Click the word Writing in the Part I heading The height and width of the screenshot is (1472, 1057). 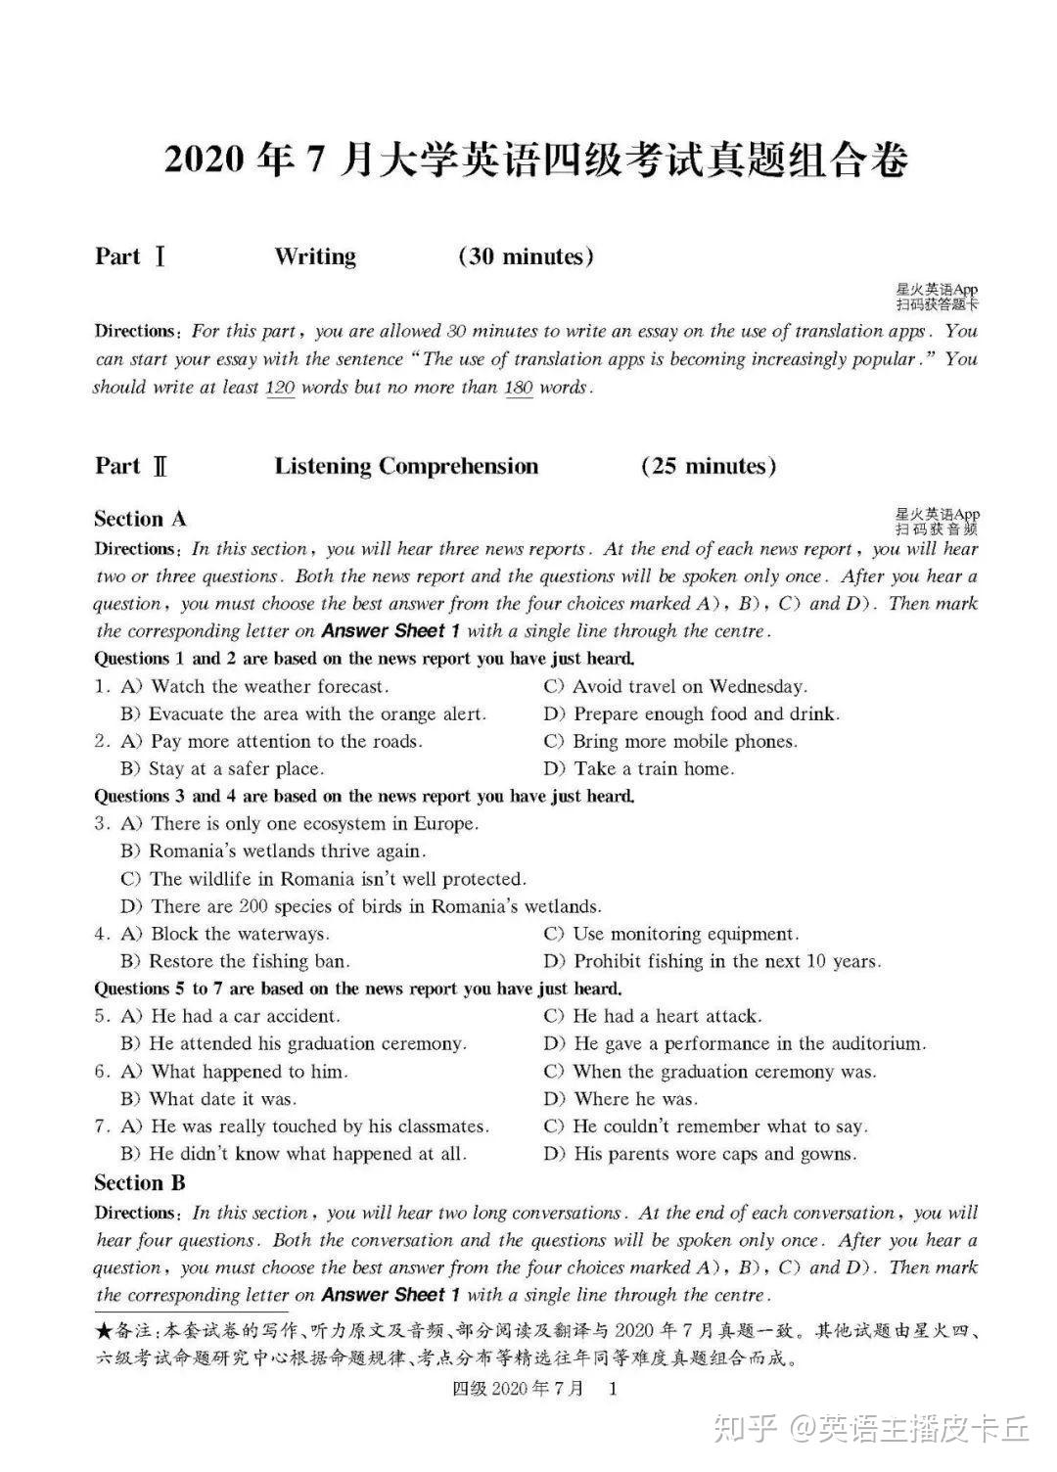pyautogui.click(x=315, y=256)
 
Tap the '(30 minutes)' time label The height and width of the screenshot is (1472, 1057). pyautogui.click(x=526, y=256)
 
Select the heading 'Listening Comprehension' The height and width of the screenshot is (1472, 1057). pyautogui.click(x=406, y=466)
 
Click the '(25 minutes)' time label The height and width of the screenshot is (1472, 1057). pyautogui.click(x=709, y=466)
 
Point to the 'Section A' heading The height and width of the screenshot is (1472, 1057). pyautogui.click(x=140, y=519)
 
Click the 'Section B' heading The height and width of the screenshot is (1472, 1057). pyautogui.click(x=140, y=1182)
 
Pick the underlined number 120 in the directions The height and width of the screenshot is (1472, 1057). pyautogui.click(x=280, y=387)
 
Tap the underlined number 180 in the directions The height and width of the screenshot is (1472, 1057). pyautogui.click(x=519, y=387)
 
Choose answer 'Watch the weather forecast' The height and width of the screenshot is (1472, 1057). pyautogui.click(x=269, y=686)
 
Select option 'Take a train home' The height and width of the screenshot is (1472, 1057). pyautogui.click(x=653, y=768)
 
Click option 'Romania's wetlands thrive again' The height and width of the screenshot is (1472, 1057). pyautogui.click(x=287, y=851)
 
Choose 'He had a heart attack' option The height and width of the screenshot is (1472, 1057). pyautogui.click(x=666, y=1016)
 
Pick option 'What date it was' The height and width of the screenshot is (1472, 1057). pyautogui.click(x=222, y=1098)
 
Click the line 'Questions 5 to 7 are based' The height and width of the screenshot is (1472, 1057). pyautogui.click(x=358, y=989)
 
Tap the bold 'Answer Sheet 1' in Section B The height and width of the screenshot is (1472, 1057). pyautogui.click(x=391, y=1295)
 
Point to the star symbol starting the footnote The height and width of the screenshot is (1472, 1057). pyautogui.click(x=105, y=1331)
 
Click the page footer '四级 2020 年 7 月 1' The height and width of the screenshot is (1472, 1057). pyautogui.click(x=534, y=1388)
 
